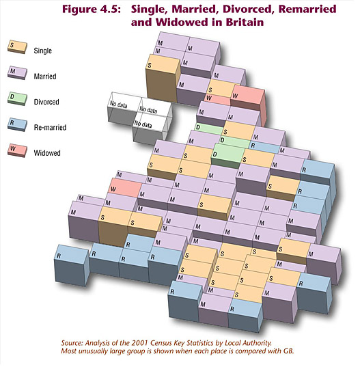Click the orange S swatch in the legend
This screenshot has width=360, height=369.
pos(17,47)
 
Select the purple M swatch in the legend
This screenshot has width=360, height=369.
pos(17,72)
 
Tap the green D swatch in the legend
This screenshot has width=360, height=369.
pos(17,98)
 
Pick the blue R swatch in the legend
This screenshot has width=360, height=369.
pos(17,124)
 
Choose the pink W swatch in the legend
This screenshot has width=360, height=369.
pos(17,150)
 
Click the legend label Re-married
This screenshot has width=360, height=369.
pos(50,127)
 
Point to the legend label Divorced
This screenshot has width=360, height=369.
pos(46,102)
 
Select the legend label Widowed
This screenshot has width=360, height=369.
pos(47,153)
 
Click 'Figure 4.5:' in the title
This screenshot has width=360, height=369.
pos(92,10)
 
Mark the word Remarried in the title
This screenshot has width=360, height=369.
pos(307,10)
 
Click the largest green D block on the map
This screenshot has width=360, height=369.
pos(228,156)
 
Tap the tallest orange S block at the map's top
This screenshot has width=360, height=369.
pos(163,79)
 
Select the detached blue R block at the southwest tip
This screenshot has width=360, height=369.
pos(72,265)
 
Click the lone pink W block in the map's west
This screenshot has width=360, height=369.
pos(125,188)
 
